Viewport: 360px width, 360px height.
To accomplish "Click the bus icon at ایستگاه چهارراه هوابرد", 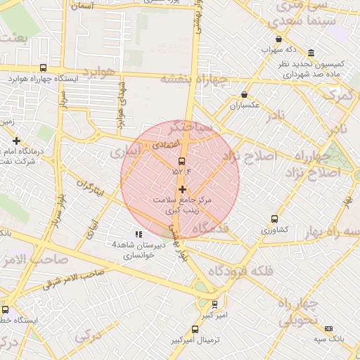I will click(x=44, y=68).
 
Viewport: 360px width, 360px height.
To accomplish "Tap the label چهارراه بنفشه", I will click(x=195, y=78).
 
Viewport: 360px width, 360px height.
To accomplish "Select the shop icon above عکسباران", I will click(x=244, y=95).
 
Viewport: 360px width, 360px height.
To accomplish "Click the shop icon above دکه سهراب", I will click(x=279, y=39).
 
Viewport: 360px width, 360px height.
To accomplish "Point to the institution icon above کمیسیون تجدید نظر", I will click(x=311, y=53).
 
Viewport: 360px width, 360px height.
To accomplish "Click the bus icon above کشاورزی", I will click(x=274, y=219).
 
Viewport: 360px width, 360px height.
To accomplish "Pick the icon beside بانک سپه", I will click(x=328, y=328).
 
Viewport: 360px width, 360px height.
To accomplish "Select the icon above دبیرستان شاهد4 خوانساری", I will click(x=138, y=233).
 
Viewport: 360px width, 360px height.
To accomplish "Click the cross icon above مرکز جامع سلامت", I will click(x=182, y=189).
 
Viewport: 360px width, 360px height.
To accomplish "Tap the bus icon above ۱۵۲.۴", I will click(x=182, y=161).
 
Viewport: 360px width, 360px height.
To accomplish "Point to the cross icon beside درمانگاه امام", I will click(x=16, y=141).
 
